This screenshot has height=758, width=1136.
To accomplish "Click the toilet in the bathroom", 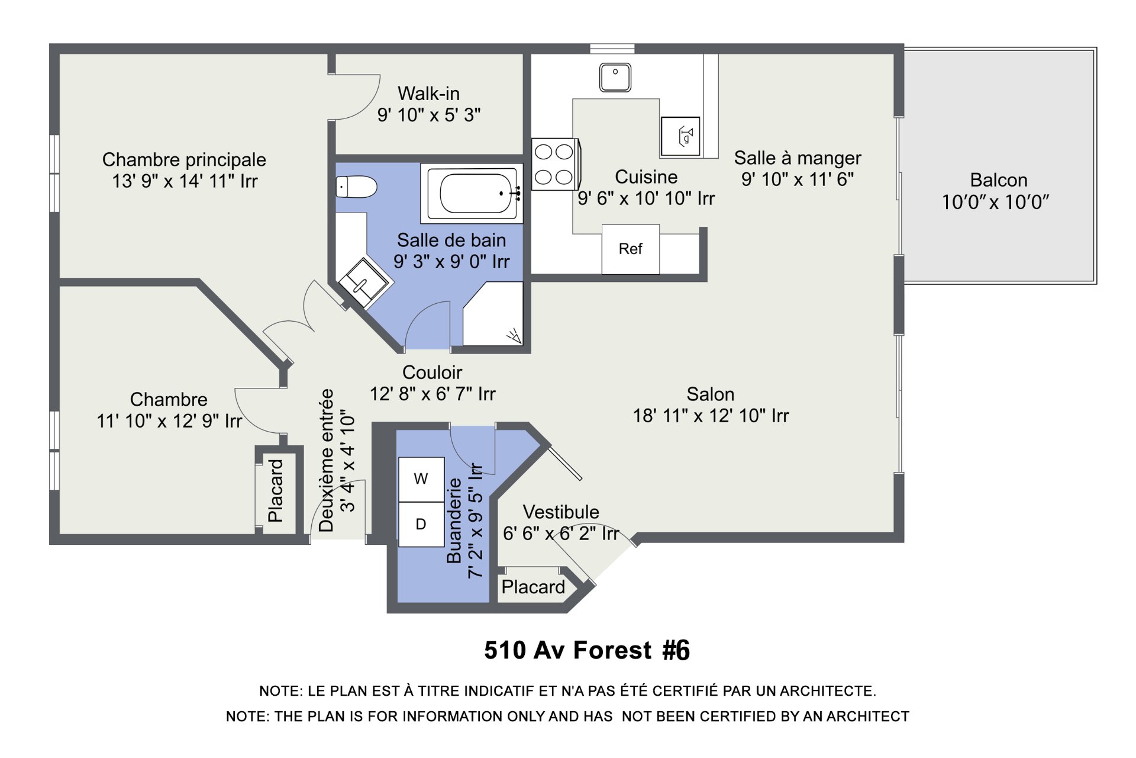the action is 356,187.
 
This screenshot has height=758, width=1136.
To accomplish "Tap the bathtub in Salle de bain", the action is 472,193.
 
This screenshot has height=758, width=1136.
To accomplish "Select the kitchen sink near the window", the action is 615,78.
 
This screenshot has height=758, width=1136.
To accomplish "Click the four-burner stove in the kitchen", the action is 554,164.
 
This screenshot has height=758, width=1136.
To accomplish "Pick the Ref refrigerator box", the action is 631,249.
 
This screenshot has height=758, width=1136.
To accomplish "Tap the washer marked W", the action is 421,479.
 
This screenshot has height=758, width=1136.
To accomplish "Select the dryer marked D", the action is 421,524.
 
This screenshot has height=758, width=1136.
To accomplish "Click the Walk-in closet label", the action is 428,94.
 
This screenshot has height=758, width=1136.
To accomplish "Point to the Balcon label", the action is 999,180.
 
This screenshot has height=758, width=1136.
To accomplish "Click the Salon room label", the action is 711,394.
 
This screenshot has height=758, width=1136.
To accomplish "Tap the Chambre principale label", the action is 184,160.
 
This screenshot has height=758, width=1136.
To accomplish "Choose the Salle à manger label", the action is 798,158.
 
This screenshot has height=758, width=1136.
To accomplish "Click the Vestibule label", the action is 561,512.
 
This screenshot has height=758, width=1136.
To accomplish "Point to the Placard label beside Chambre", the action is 276,490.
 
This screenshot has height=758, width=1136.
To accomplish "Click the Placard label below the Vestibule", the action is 533,587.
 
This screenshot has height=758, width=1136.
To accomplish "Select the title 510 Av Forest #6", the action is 587,650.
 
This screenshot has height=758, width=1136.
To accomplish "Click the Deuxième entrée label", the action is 327,460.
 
